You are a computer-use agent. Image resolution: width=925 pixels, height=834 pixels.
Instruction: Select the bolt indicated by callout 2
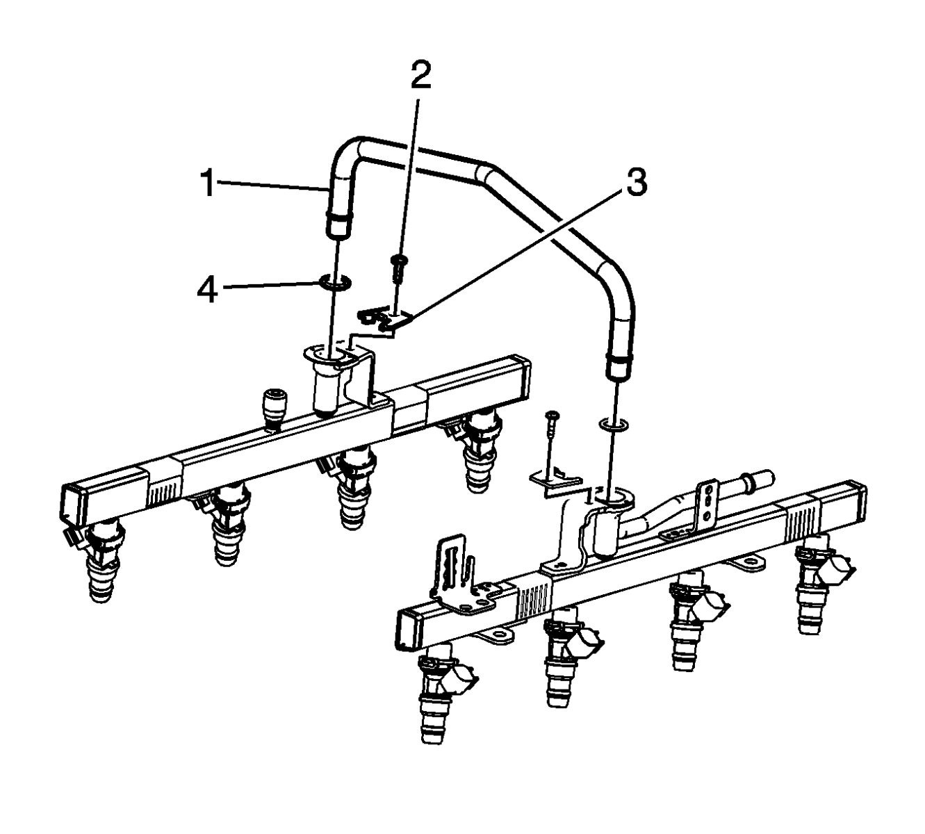pyautogui.click(x=398, y=267)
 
